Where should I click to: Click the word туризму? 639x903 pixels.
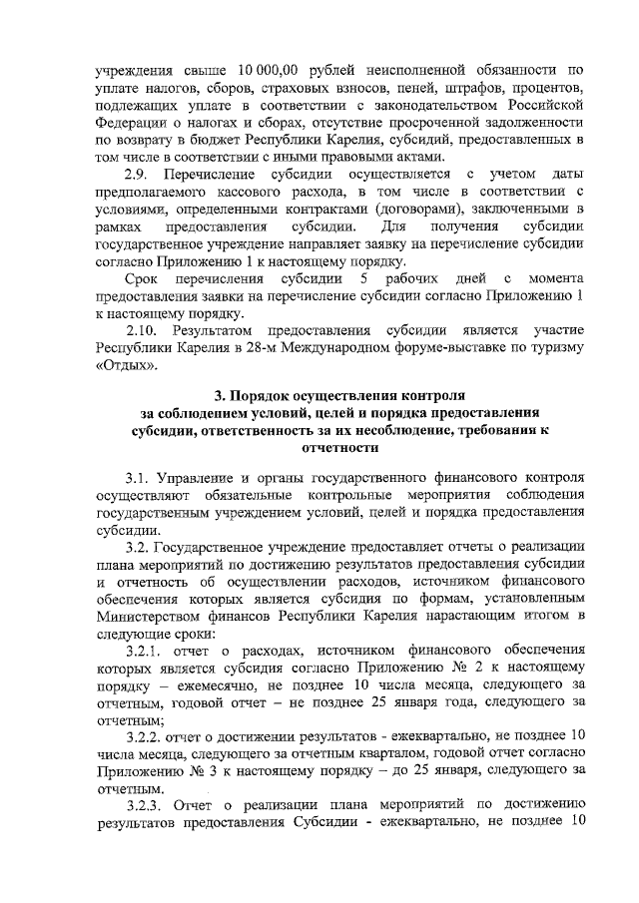coord(551,347)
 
